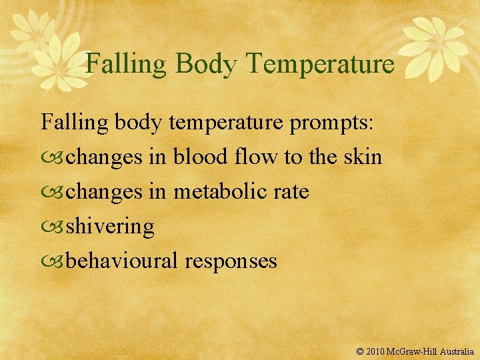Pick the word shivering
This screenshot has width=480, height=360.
click(111, 227)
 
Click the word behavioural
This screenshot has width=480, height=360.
click(122, 261)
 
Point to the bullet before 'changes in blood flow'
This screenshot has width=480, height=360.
click(53, 158)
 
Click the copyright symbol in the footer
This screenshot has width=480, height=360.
click(361, 350)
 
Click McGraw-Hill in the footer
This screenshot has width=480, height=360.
click(414, 350)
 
